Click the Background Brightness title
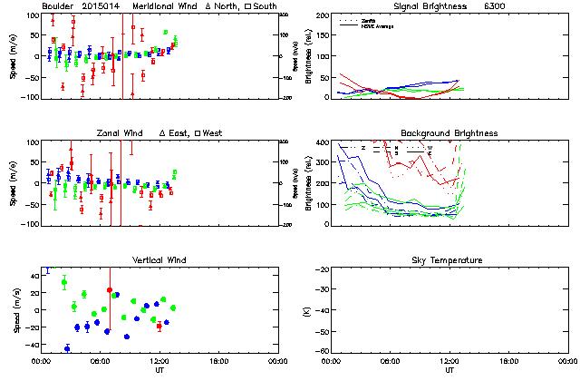tap(449, 133)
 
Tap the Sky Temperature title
tap(449, 260)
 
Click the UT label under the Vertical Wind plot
tap(159, 369)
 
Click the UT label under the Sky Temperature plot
tap(449, 369)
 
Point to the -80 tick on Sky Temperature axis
tap(321, 350)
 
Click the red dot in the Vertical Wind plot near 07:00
tap(110, 290)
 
